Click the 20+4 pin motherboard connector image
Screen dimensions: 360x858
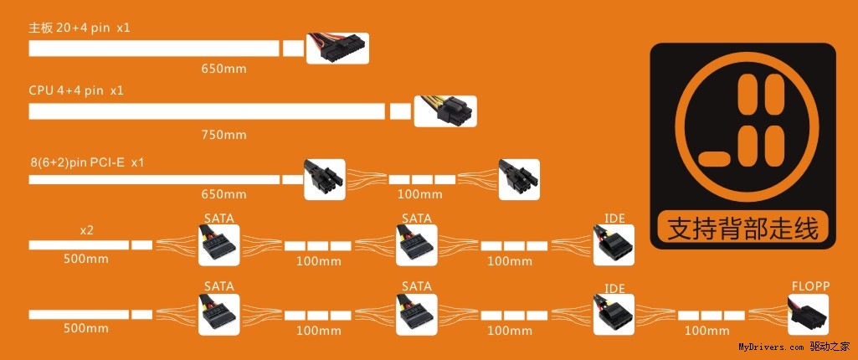tap(337, 49)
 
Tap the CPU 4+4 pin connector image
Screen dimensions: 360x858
tap(444, 111)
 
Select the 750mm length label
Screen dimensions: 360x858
tap(223, 134)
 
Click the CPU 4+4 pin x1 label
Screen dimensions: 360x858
tap(76, 90)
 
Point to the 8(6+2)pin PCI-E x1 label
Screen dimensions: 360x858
tap(86, 161)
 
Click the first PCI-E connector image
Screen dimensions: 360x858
tap(325, 179)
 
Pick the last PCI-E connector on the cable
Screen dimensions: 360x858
tap(519, 179)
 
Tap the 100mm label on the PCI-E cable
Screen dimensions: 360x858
tap(419, 194)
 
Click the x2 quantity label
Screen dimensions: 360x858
tap(85, 229)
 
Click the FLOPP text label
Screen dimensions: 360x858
tap(810, 286)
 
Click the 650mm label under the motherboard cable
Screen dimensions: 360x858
tap(223, 69)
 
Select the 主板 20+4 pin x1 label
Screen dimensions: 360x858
tap(80, 28)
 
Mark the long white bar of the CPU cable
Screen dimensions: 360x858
tap(207, 111)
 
